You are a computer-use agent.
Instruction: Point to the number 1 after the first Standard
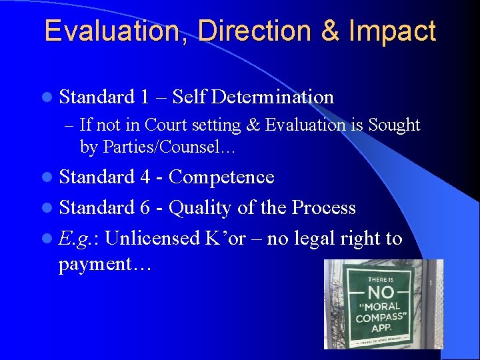pos(145,97)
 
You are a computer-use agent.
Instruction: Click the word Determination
pos(272,97)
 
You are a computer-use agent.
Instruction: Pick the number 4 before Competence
pos(145,177)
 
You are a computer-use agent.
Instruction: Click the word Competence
pos(221,177)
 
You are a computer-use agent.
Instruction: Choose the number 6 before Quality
pos(145,207)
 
